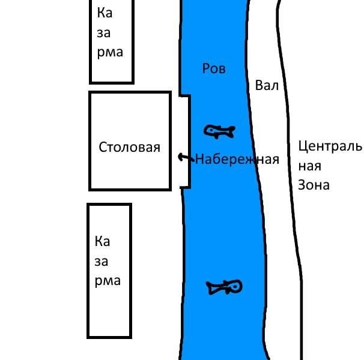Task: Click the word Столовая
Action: coord(130,147)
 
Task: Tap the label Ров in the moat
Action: coord(214,69)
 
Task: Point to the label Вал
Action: coord(267,86)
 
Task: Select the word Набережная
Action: coord(237,160)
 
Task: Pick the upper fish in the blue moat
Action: coord(219,131)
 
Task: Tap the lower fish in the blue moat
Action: coord(224,287)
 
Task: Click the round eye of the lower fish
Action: coord(235,287)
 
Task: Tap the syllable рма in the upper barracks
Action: coord(109,53)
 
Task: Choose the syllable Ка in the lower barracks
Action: coord(103,242)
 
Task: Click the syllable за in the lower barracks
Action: coord(102,262)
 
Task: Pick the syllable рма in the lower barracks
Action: coord(108,281)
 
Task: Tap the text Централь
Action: coord(330,146)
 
